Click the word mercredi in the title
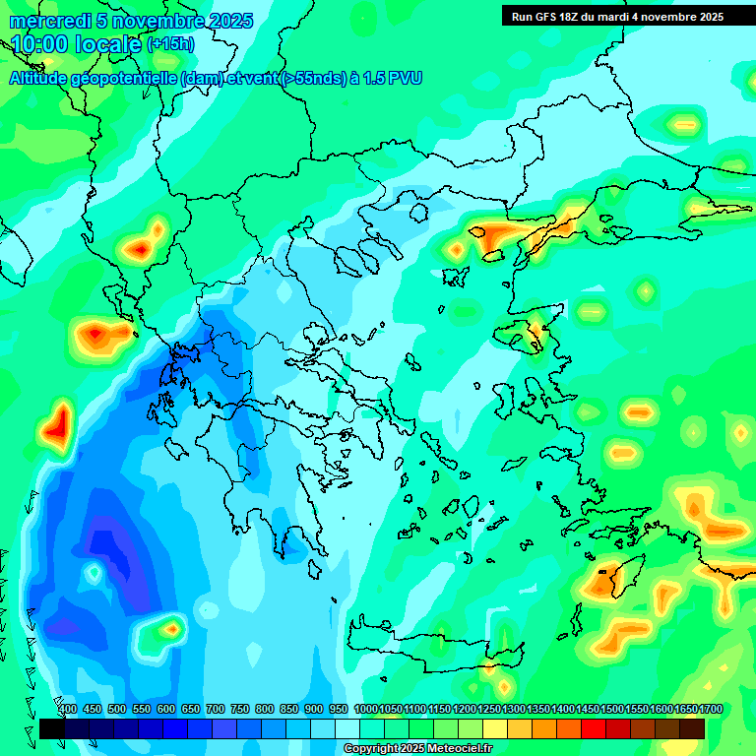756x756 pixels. click(x=47, y=21)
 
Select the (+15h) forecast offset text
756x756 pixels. click(x=170, y=44)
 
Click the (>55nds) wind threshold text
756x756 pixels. click(x=314, y=79)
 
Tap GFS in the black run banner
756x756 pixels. click(x=553, y=17)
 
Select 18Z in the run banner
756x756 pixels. click(x=580, y=17)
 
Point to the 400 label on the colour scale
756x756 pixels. click(x=67, y=710)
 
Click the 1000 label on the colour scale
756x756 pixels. click(x=366, y=710)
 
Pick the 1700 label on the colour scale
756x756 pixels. click(x=711, y=710)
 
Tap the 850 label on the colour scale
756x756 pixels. click(x=289, y=710)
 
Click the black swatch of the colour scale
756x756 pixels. click(x=52, y=728)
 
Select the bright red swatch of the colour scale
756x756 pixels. click(x=594, y=728)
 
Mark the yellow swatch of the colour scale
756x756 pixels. click(x=495, y=728)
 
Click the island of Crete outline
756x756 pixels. click(x=433, y=650)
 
